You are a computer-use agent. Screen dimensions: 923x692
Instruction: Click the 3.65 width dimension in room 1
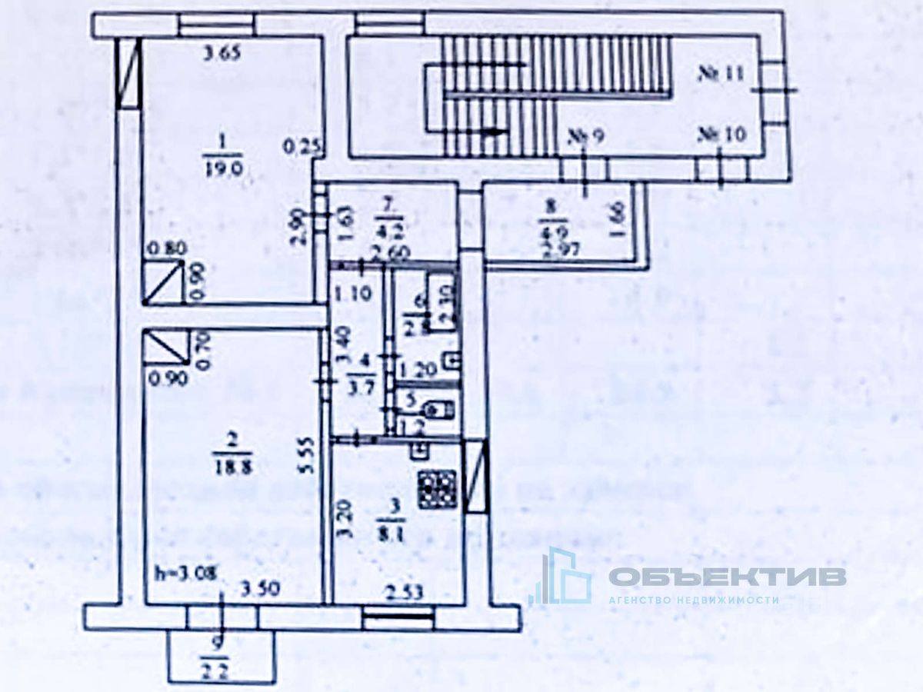pyautogui.click(x=222, y=54)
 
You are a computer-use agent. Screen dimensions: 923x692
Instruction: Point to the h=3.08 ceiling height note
pyautogui.click(x=185, y=572)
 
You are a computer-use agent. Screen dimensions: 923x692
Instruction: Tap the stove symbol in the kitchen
pyautogui.click(x=438, y=488)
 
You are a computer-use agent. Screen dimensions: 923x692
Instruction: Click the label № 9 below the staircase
pyautogui.click(x=587, y=137)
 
